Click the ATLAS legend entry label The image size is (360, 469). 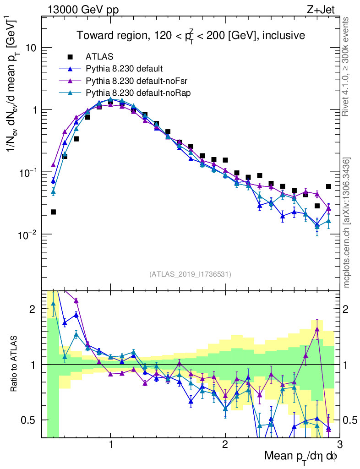pos(97,57)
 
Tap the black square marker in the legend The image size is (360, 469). pos(71,57)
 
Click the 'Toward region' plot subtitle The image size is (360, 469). pos(191,35)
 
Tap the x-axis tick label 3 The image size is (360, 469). pos(339,444)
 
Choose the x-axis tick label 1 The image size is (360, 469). pos(110,444)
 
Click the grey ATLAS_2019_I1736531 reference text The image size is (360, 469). pos(190,274)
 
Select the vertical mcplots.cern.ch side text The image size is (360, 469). pos(347,223)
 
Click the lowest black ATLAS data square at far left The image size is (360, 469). pos(53,212)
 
